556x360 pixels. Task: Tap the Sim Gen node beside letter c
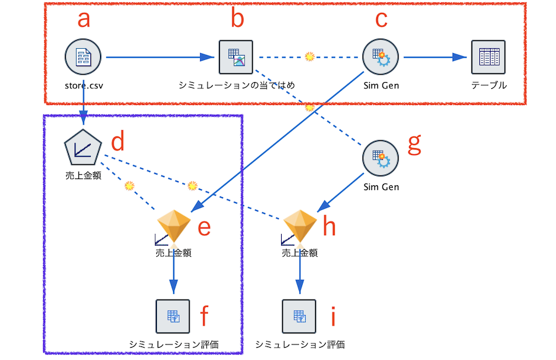(381, 57)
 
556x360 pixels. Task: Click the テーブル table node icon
(488, 57)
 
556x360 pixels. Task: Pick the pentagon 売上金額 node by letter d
(83, 149)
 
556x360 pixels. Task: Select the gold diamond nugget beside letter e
(174, 227)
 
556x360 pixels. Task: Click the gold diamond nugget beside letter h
(300, 227)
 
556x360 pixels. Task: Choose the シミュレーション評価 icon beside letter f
(173, 316)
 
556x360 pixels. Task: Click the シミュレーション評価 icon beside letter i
(300, 316)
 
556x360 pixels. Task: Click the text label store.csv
(83, 85)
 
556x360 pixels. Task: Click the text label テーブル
(489, 85)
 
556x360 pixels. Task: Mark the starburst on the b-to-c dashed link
(310, 57)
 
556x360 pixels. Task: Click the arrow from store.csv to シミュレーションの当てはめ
(161, 57)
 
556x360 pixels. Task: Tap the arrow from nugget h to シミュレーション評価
(300, 272)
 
